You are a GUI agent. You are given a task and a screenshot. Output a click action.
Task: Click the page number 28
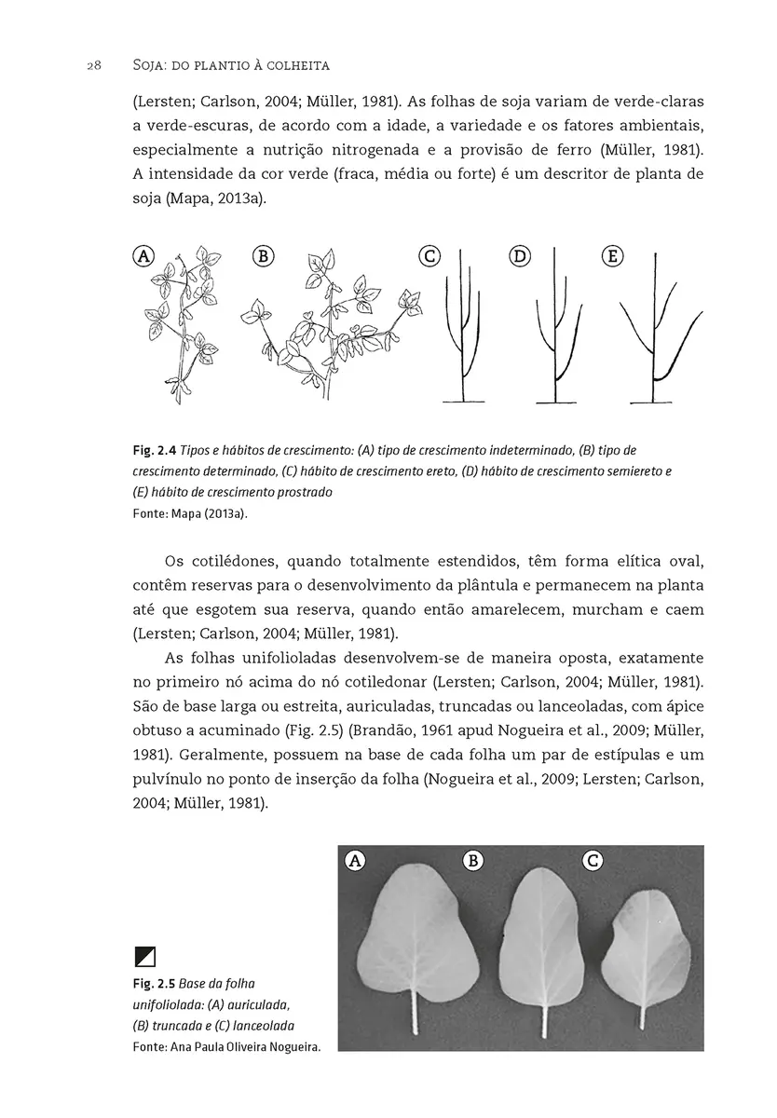click(x=93, y=66)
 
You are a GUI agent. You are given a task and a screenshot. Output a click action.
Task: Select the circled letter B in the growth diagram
click(x=263, y=256)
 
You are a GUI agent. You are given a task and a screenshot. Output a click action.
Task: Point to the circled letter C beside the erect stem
click(x=429, y=256)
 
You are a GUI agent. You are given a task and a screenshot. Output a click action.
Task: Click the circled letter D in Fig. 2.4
click(x=520, y=256)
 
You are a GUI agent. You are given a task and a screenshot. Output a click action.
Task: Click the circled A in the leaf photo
click(x=354, y=861)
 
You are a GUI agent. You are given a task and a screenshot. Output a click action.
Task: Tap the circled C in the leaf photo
click(x=592, y=861)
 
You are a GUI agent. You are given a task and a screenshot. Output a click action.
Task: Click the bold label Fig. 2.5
click(x=154, y=984)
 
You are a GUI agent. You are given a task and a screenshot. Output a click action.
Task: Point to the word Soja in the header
click(x=126, y=66)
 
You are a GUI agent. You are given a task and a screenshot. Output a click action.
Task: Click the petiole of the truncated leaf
click(x=544, y=1020)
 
